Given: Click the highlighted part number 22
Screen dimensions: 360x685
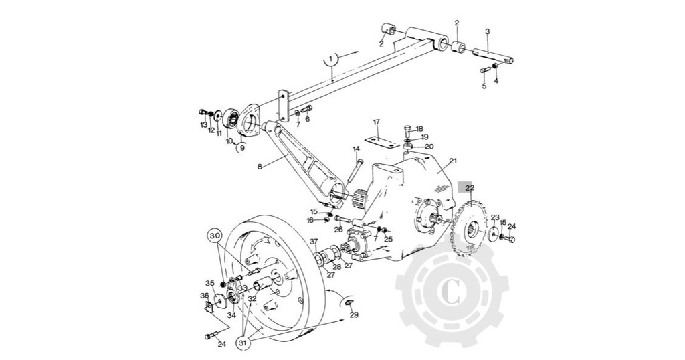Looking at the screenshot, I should coord(470,188).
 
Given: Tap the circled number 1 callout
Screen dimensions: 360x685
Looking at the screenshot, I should coord(332,60).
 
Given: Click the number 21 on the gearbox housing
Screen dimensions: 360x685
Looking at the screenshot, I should coord(453,161).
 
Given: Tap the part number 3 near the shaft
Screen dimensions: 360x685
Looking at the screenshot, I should coord(487,31).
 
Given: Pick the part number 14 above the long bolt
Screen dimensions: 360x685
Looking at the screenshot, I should coord(356,149).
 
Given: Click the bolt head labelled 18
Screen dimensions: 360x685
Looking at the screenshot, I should coord(407,130).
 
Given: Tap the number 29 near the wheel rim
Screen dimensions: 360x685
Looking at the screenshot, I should coord(354,314).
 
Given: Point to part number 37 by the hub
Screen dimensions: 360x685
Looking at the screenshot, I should coord(314,242).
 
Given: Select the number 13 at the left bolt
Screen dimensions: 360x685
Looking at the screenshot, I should coord(203,124).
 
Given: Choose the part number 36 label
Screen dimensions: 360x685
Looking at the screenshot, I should coord(204,295).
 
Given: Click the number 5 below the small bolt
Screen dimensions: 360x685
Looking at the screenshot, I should coord(484,86).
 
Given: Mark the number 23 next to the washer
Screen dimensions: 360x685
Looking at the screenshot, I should coord(495,217).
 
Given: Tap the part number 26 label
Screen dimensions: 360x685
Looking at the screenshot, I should coord(338,229).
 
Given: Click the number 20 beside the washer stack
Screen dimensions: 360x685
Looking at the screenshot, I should coord(429,147).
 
